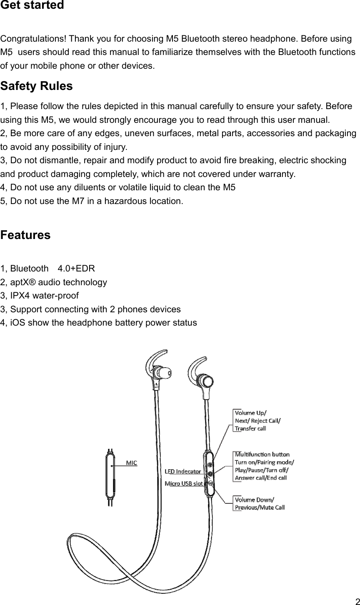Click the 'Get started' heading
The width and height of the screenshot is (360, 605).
coord(32,6)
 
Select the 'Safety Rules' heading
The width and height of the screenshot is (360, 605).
coord(37,86)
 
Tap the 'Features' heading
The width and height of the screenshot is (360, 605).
coord(25,235)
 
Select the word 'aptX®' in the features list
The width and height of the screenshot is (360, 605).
coord(24,282)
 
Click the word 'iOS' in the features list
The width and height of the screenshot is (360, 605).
coord(17,323)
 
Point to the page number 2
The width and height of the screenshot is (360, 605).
coord(357,601)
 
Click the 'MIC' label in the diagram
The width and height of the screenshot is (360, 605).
coord(132,463)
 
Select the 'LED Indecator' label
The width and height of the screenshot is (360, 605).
coord(183,471)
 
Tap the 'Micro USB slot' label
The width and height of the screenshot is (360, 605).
coord(184,483)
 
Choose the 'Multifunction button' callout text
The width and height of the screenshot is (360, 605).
coord(262,454)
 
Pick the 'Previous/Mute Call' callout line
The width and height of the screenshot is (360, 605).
coord(260,507)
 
